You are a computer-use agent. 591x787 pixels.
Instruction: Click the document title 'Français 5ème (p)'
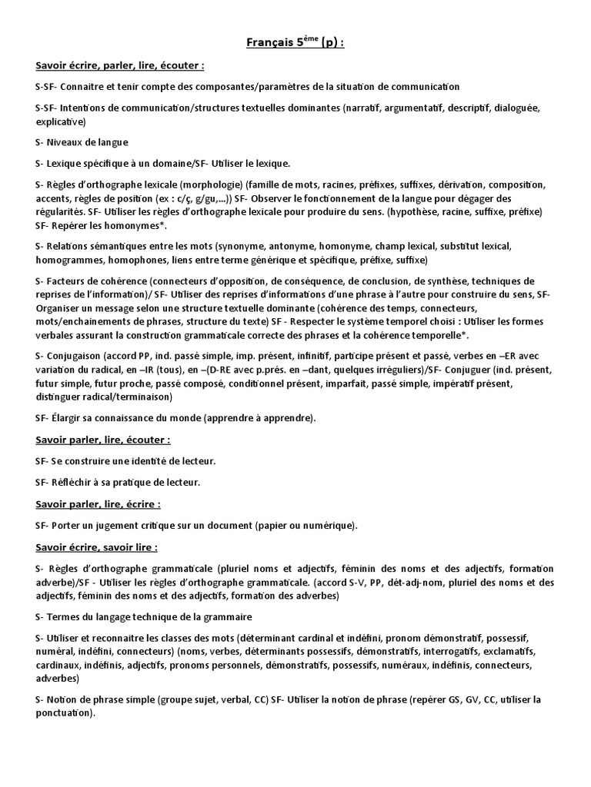(x=295, y=43)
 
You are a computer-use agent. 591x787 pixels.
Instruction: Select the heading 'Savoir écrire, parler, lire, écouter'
(x=119, y=66)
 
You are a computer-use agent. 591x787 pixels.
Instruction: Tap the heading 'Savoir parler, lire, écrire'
(x=98, y=504)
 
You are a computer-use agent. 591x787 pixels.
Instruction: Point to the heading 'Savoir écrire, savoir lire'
(x=96, y=547)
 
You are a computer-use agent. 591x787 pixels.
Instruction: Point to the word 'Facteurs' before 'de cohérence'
(x=70, y=281)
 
